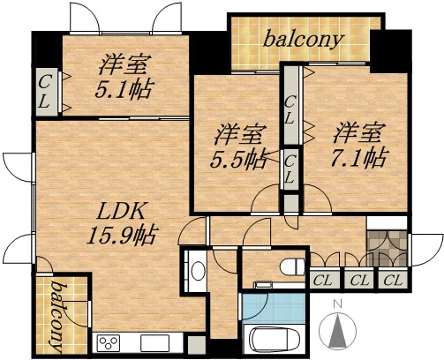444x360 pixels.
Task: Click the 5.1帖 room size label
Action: [x=123, y=89]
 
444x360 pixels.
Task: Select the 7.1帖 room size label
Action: [x=359, y=158]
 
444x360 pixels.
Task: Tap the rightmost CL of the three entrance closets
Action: [x=393, y=281]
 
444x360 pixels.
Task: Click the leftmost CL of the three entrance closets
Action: [x=323, y=281]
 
